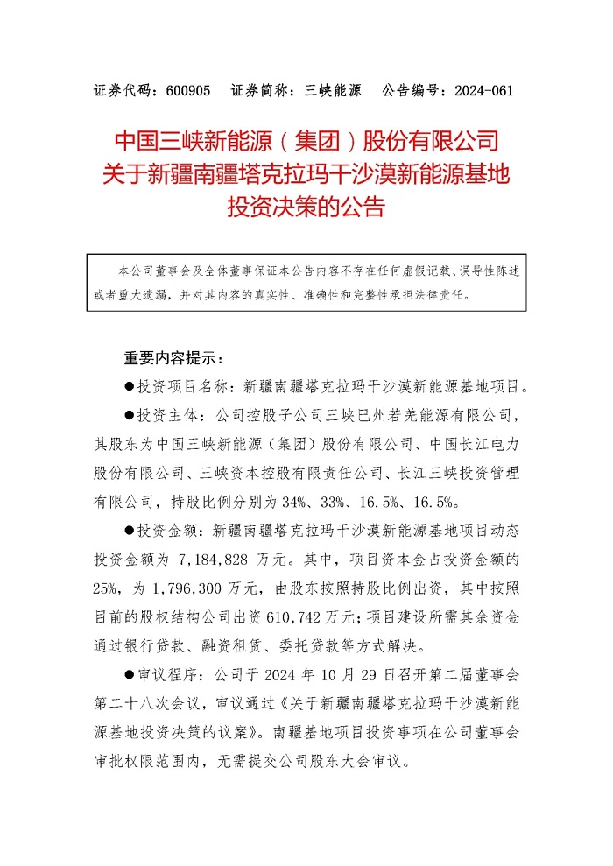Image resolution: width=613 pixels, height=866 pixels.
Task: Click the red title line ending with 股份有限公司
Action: tap(306, 141)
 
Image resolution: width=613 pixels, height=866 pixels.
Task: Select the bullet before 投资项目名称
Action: tap(130, 384)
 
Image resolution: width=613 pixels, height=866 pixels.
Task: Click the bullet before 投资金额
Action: tap(130, 531)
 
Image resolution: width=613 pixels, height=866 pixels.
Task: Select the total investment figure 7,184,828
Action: tap(226, 559)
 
